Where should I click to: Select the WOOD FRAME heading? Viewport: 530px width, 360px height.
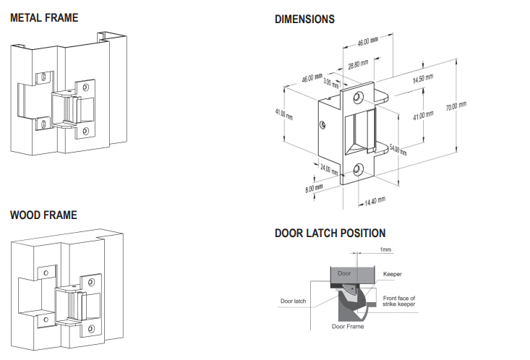43,215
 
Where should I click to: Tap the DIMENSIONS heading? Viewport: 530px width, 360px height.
304,20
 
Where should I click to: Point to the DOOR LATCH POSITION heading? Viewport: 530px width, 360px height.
330,233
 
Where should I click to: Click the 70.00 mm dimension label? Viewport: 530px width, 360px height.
456,106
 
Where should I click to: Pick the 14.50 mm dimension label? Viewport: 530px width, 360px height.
423,79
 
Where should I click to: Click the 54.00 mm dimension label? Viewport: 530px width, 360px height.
398,150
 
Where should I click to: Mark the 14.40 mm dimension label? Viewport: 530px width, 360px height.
375,200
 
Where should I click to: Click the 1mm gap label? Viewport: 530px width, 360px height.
385,249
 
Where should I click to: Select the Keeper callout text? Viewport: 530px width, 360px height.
393,275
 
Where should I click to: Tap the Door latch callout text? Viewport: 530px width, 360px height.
294,301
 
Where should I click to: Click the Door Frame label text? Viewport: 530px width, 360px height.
348,327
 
